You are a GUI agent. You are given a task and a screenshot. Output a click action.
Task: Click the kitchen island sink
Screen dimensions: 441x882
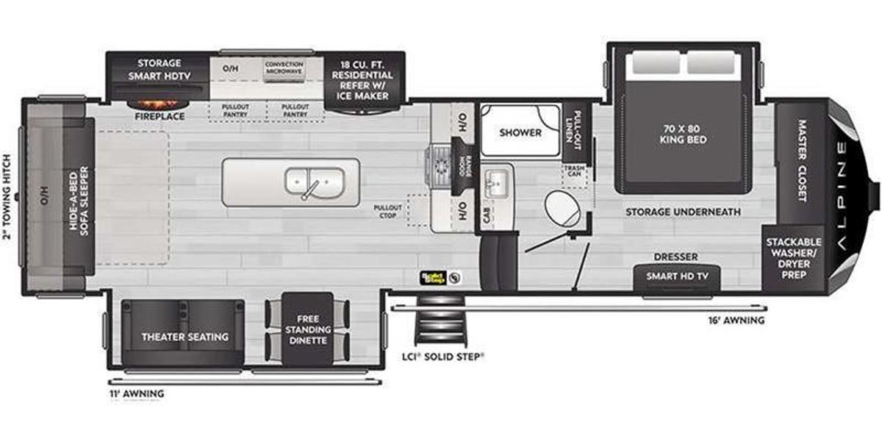coord(315,181)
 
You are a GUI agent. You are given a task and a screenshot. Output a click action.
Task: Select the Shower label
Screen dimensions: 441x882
coord(520,133)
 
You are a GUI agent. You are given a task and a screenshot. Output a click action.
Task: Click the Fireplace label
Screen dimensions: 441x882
coord(159,116)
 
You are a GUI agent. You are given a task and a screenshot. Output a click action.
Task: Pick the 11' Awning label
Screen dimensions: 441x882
coord(136,394)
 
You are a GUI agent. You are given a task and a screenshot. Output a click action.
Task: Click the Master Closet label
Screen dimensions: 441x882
coord(801,161)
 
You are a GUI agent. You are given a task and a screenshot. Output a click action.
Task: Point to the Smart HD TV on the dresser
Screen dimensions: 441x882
coord(677,276)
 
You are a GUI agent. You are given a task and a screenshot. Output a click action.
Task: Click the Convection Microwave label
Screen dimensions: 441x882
coord(284,68)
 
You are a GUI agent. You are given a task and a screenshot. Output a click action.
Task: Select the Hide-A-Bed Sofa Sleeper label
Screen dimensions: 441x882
coord(79,196)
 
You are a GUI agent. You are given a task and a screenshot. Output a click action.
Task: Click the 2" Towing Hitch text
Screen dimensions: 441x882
coord(7,196)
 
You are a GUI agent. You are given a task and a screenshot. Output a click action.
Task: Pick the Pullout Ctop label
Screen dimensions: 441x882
coord(387,211)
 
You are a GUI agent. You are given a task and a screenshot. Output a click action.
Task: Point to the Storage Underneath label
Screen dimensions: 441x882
coord(683,212)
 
